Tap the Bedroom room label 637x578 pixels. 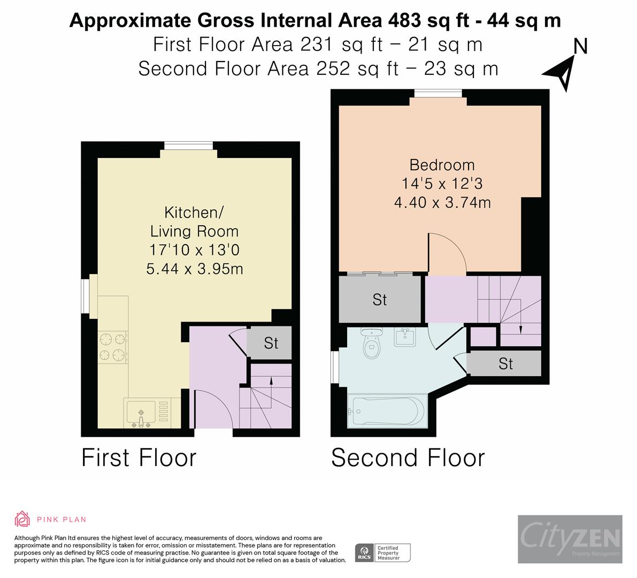click(x=442, y=165)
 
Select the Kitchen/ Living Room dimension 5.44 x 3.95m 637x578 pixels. click(x=195, y=268)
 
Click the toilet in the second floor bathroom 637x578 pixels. click(x=370, y=345)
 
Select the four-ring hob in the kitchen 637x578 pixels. click(x=112, y=347)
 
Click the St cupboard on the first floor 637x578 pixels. click(x=271, y=343)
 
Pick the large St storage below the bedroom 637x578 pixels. click(x=380, y=300)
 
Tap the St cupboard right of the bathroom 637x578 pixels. click(x=505, y=364)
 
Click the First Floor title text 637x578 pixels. click(x=139, y=458)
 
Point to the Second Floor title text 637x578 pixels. click(x=408, y=458)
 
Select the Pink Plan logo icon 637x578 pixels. click(x=22, y=519)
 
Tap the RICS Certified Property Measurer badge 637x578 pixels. click(x=383, y=552)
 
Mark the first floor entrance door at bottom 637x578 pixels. click(x=213, y=409)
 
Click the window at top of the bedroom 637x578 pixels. click(x=438, y=94)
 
